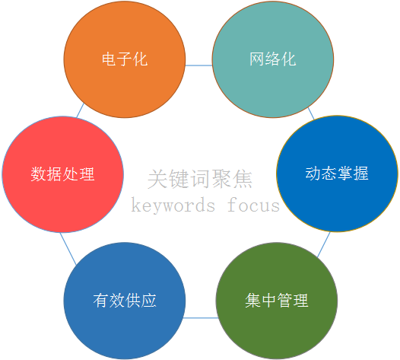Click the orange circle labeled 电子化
tap(125, 59)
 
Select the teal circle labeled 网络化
tap(273, 59)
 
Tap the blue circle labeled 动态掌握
tap(337, 174)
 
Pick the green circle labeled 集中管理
tap(277, 301)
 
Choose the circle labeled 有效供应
tap(125, 301)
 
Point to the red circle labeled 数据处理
tap(63, 174)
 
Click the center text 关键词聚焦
tap(200, 179)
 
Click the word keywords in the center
tap(173, 205)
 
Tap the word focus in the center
tap(253, 205)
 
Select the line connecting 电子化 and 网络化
tap(198, 65)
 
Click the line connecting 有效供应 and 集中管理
tap(201, 318)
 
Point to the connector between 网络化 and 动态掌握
tap(311, 113)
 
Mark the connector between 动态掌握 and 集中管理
tap(323, 244)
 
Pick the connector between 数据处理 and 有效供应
tap(68, 248)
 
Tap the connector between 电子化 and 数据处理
tap(80, 110)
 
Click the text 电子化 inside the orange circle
tap(125, 59)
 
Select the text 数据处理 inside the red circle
tap(63, 174)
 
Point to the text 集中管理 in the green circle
tap(277, 301)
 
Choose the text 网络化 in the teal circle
tap(273, 59)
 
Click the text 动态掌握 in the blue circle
tap(337, 174)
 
